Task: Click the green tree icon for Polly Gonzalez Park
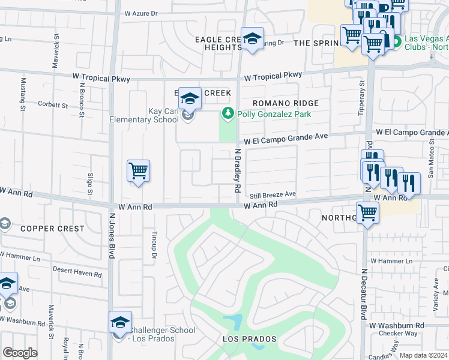[x=228, y=113]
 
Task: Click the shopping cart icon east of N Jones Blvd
[x=138, y=171]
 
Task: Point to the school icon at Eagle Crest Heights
[x=252, y=38]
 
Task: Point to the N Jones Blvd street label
[x=112, y=234]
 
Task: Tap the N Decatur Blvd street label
[x=364, y=294]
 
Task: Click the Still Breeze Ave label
[x=273, y=194]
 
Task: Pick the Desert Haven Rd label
[x=77, y=273]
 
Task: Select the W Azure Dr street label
[x=141, y=13]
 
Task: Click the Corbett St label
[x=53, y=105]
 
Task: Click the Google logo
[x=20, y=353]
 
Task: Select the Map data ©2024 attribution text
[x=422, y=355]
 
